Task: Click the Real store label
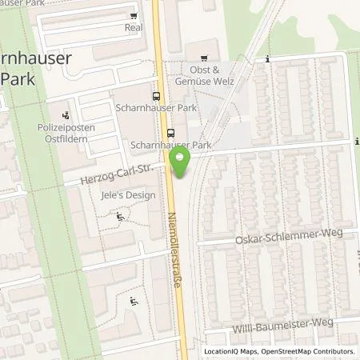click(133, 26)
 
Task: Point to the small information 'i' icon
click(267, 58)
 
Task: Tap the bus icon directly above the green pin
click(170, 134)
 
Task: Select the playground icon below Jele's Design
click(121, 215)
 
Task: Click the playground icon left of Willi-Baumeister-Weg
click(134, 301)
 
